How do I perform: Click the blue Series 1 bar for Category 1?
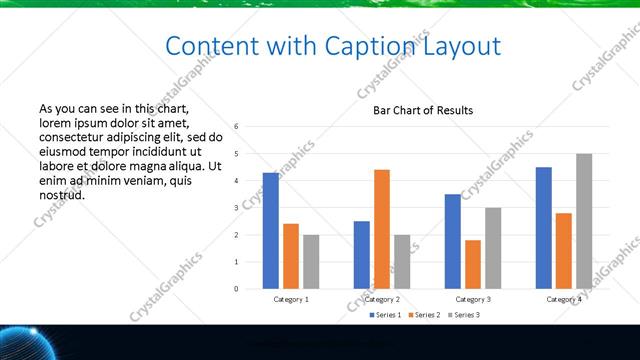pyautogui.click(x=271, y=231)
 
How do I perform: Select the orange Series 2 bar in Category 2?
pyautogui.click(x=382, y=229)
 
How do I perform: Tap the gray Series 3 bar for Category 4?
pyautogui.click(x=584, y=221)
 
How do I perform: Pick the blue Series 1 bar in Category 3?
pyautogui.click(x=453, y=241)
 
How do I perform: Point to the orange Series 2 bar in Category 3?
pyautogui.click(x=473, y=264)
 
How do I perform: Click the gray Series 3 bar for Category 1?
pyautogui.click(x=311, y=262)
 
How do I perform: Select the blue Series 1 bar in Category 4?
pyautogui.click(x=544, y=228)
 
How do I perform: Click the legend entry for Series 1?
pyautogui.click(x=386, y=315)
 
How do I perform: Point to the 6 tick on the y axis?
pyautogui.click(x=237, y=127)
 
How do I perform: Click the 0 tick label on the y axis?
pyautogui.click(x=237, y=289)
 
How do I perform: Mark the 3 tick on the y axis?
pyautogui.click(x=237, y=208)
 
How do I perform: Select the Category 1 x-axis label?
pyautogui.click(x=291, y=299)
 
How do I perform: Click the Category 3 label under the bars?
pyautogui.click(x=473, y=299)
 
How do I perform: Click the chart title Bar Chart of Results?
pyautogui.click(x=423, y=110)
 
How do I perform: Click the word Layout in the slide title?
pyautogui.click(x=454, y=46)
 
